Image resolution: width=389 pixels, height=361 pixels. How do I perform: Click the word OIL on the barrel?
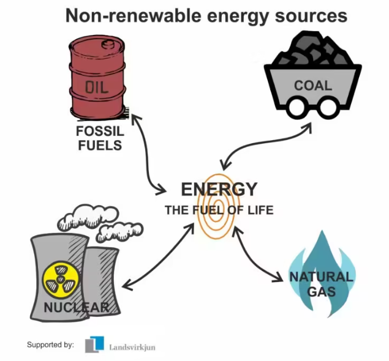click(97, 87)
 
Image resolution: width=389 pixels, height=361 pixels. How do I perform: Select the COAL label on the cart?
click(312, 85)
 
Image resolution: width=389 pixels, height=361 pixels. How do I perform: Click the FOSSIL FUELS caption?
click(99, 138)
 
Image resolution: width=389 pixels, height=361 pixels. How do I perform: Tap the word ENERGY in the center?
click(219, 189)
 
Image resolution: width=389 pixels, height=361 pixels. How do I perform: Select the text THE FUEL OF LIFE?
click(219, 210)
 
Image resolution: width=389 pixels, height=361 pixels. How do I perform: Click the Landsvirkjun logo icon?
click(95, 344)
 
